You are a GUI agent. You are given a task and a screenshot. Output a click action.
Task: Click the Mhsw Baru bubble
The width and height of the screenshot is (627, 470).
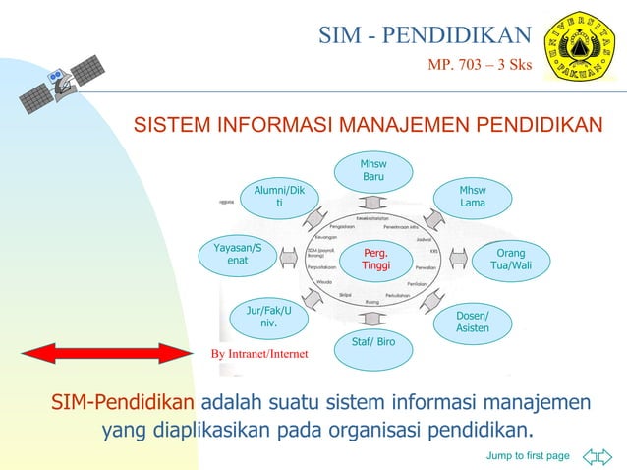pos(373,170)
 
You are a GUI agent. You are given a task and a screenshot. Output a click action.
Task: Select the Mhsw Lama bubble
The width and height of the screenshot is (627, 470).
pos(473,196)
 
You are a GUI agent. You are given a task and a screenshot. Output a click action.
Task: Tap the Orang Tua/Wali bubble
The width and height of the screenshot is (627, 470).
pos(511,260)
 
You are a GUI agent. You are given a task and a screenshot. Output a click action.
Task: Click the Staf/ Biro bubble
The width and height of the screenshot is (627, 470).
pos(372,343)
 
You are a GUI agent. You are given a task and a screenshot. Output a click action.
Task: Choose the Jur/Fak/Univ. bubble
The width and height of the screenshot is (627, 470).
pos(267,317)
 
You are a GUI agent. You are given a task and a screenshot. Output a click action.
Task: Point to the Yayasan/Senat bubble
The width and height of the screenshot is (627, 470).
pos(237,254)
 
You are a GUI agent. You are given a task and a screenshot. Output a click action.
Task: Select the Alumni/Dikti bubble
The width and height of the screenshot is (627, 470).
pos(279,196)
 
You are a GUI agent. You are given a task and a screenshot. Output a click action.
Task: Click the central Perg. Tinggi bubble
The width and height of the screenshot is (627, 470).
pos(375,260)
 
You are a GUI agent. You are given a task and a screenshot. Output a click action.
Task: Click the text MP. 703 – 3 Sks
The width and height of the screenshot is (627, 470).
pos(479,66)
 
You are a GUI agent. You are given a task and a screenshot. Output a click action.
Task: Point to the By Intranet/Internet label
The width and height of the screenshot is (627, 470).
pos(258,354)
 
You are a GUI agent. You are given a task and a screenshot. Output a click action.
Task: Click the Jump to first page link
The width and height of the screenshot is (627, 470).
pos(528,455)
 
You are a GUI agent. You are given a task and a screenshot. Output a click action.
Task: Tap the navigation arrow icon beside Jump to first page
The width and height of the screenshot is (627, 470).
pos(596,455)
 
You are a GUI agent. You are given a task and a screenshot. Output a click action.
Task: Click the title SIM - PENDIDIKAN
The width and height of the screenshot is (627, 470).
pos(425,36)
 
